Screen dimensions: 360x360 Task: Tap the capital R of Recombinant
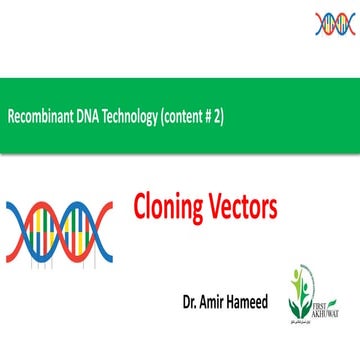(11, 116)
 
